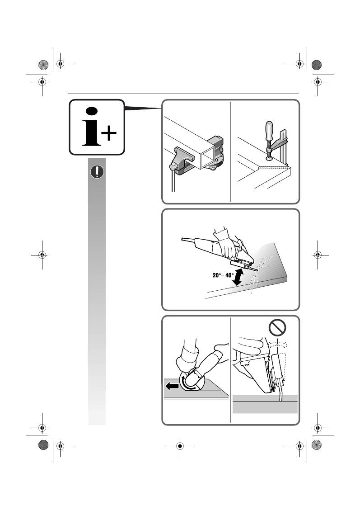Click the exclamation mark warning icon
[97, 171]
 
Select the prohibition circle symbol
[277, 327]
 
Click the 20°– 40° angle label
[223, 275]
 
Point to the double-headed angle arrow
[239, 276]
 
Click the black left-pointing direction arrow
[172, 386]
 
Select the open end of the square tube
[207, 156]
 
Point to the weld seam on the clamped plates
[274, 168]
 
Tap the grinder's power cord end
[182, 239]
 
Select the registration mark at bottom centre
[180, 446]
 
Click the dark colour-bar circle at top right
[317, 65]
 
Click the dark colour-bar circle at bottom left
[43, 445]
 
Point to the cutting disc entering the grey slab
[281, 392]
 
